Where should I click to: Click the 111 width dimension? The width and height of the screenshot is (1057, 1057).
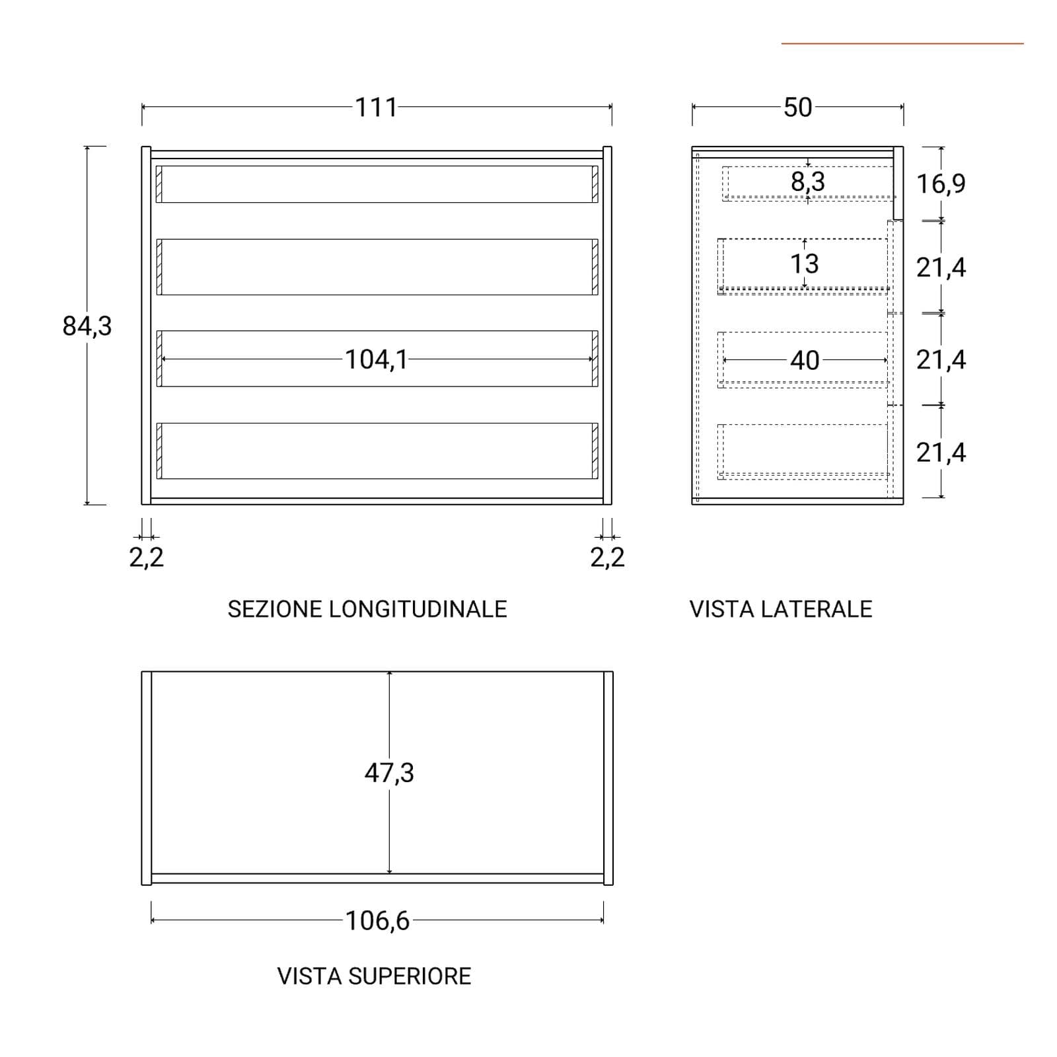[376, 107]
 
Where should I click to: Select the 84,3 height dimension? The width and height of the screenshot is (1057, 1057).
[87, 326]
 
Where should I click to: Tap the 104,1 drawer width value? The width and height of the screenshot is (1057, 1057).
[376, 359]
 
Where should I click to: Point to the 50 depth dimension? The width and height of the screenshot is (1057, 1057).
[797, 107]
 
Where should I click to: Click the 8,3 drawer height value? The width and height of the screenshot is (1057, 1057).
[808, 182]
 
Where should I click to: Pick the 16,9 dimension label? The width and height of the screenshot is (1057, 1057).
[941, 184]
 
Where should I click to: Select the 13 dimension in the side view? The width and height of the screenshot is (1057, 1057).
[805, 264]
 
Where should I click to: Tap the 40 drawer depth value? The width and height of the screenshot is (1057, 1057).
[805, 360]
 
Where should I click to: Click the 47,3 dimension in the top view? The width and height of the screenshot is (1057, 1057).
[389, 772]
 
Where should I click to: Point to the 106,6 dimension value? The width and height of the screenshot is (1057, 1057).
[377, 920]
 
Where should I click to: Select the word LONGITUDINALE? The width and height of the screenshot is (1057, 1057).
[418, 609]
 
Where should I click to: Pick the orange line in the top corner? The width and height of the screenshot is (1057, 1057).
[902, 44]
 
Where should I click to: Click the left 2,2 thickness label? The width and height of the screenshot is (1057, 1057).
[146, 558]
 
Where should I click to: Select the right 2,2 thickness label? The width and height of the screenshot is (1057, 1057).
[607, 558]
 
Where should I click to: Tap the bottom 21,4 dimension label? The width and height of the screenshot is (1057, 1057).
[941, 453]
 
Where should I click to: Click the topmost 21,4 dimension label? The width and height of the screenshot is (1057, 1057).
[941, 268]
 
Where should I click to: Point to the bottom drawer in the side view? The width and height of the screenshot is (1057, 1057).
[803, 451]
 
